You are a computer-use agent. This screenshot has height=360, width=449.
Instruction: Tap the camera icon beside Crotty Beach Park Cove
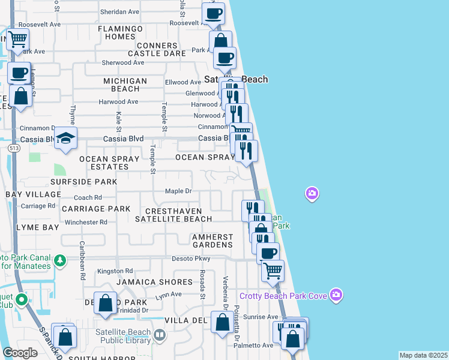pos(336,295)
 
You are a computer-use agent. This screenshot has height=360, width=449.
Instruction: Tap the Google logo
pos(20,353)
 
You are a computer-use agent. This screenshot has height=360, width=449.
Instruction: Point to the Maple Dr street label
pos(178,191)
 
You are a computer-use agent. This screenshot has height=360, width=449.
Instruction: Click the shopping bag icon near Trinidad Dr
pos(106,304)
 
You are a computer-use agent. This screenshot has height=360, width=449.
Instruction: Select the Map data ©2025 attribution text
pos(424,355)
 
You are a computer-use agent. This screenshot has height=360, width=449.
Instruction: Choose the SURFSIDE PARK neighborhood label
pos(83,181)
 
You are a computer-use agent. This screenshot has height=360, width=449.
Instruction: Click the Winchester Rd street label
pos(86,222)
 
